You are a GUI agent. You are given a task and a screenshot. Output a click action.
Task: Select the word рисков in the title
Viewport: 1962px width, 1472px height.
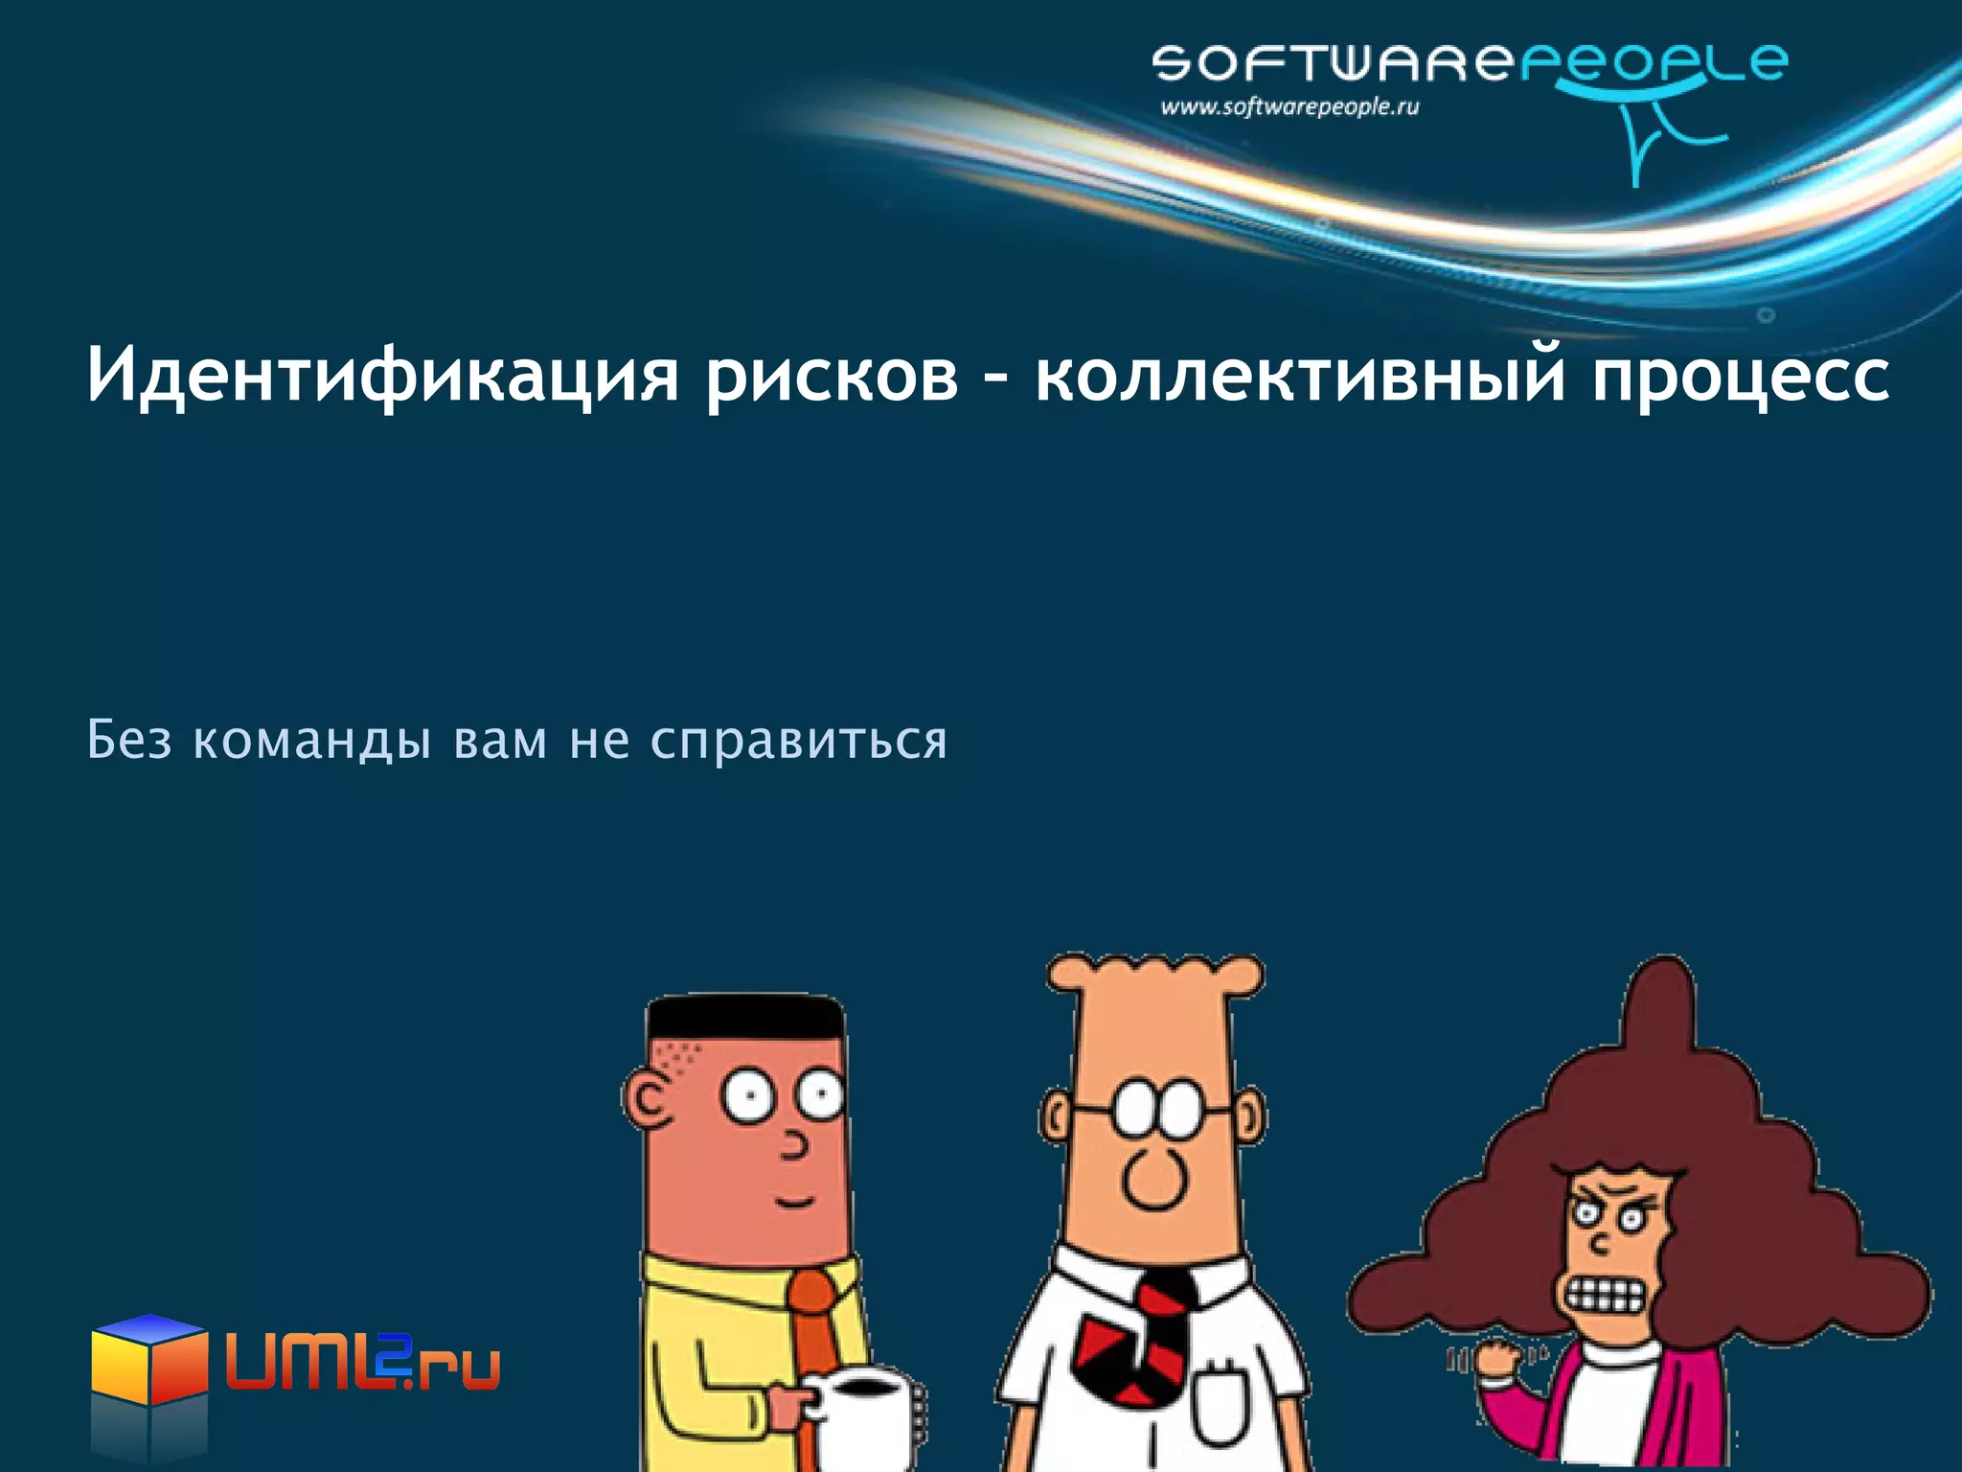pos(832,376)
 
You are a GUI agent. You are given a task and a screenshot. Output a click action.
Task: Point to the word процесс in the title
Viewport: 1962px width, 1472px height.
pos(1741,376)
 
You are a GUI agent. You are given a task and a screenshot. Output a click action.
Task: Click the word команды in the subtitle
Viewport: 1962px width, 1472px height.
pos(311,741)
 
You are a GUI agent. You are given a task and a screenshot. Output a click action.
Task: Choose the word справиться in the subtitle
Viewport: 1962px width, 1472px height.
pos(798,741)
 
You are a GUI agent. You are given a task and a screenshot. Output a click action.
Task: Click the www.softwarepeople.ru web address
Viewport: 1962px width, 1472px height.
pos(1289,107)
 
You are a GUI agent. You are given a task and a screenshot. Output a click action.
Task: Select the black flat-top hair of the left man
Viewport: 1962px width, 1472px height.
pos(744,1018)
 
